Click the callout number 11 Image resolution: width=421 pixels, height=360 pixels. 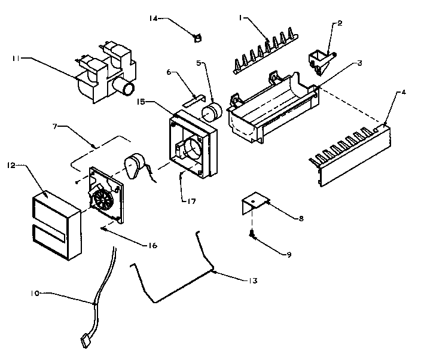point(16,59)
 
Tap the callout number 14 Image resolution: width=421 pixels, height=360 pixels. point(154,19)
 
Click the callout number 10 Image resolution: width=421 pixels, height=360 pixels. point(35,294)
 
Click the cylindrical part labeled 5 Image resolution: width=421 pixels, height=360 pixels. point(209,112)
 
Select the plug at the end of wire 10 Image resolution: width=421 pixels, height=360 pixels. point(84,341)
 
